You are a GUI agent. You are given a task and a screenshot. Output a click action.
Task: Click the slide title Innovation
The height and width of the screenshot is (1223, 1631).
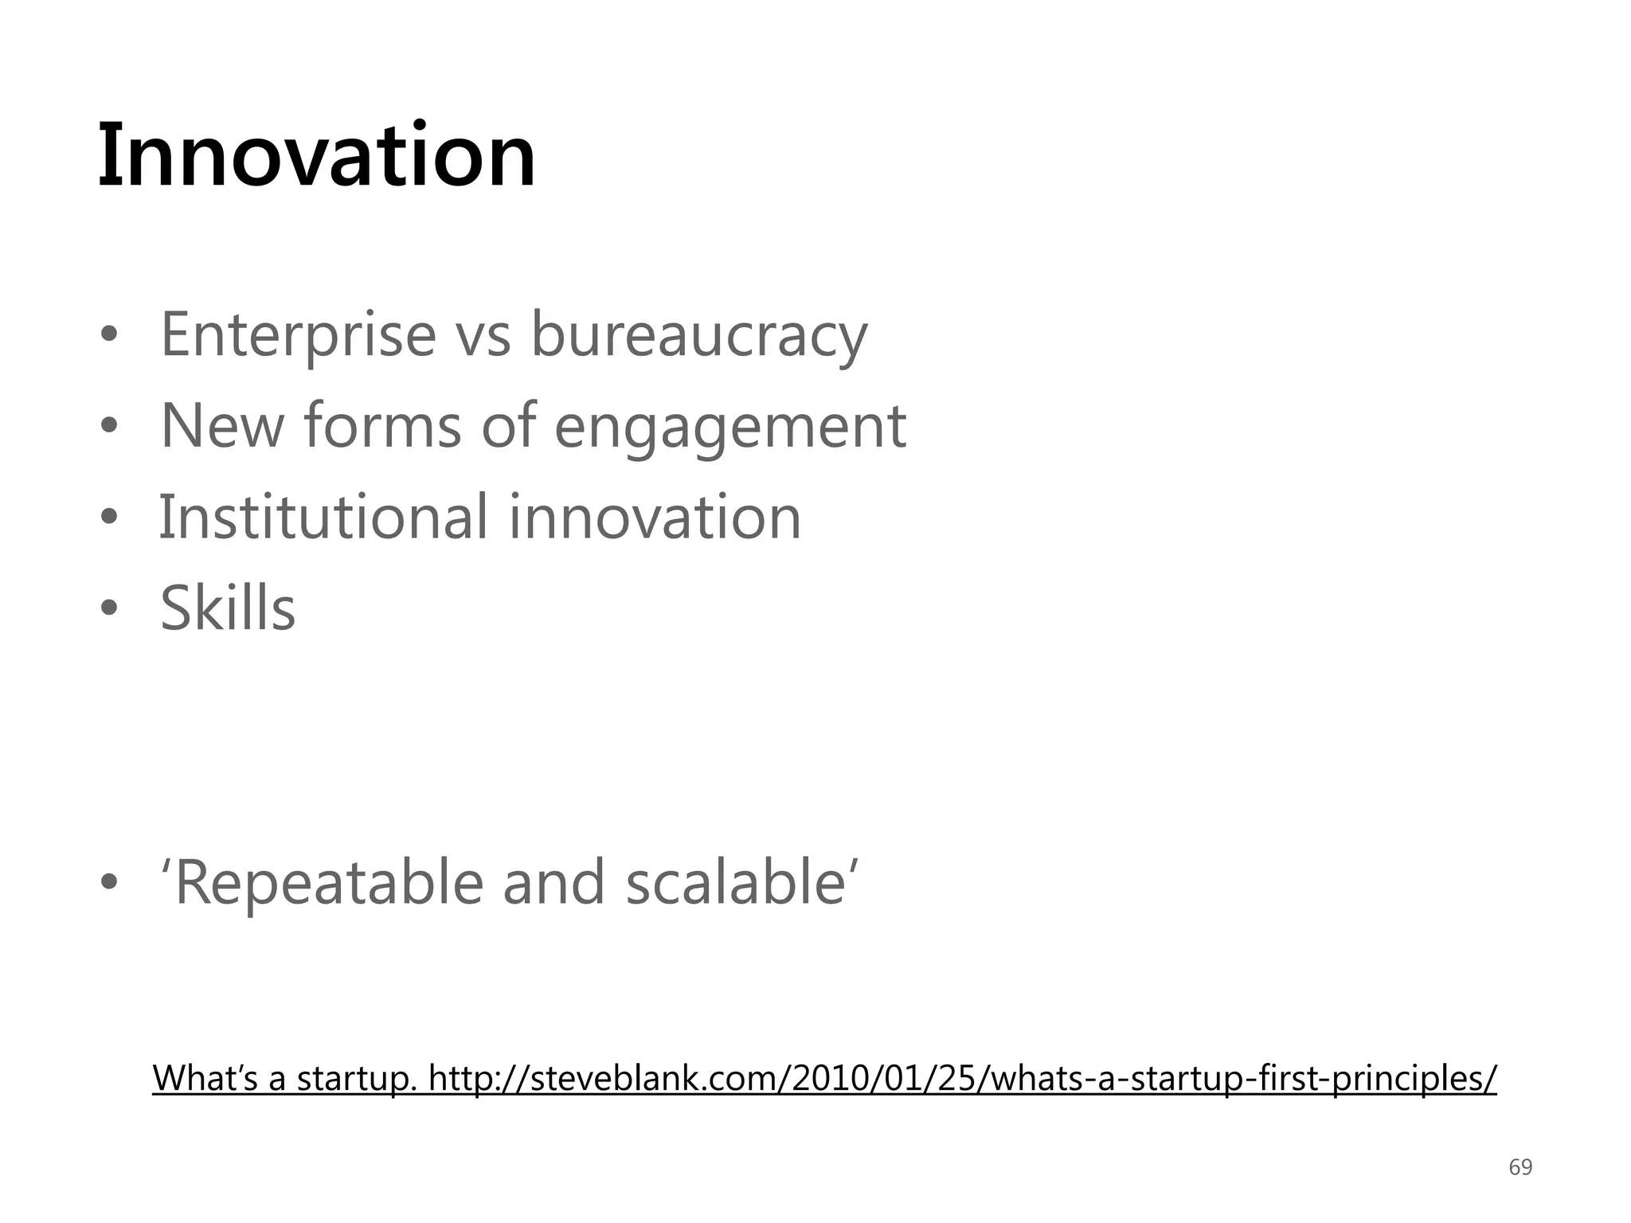click(x=316, y=155)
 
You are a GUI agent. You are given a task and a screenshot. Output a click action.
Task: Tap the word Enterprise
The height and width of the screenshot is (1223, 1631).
click(x=298, y=335)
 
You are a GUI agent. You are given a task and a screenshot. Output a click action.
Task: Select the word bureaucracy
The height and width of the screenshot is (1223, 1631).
click(x=698, y=335)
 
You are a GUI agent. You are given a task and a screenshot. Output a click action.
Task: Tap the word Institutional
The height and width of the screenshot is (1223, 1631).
click(x=323, y=518)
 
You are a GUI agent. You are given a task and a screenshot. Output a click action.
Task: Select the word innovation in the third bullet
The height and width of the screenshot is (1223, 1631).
click(x=654, y=518)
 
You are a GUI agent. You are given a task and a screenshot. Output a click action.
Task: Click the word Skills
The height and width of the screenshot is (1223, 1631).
click(x=228, y=609)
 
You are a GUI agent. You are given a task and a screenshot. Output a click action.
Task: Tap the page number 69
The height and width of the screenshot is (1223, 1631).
click(x=1520, y=1167)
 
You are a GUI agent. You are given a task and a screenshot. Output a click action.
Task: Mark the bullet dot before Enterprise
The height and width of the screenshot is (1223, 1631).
click(x=109, y=336)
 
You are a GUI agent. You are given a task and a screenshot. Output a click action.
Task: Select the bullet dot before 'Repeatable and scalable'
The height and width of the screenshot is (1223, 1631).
click(x=109, y=883)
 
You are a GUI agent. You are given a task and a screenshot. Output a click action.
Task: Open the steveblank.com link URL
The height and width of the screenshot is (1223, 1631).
click(x=962, y=1079)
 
